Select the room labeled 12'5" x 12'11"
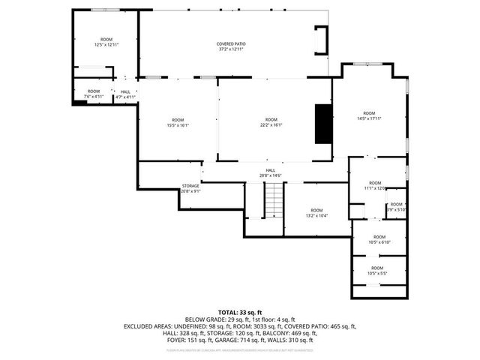[106, 42]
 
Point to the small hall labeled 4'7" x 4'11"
[125, 94]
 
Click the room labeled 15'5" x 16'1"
[178, 122]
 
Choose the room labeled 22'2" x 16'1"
[271, 122]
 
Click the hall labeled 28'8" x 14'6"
[270, 172]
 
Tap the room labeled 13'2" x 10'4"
[316, 212]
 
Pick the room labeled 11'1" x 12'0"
[374, 186]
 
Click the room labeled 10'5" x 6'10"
[379, 239]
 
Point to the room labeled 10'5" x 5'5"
[376, 270]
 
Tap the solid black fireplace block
[323, 123]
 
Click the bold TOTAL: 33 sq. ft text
[239, 311]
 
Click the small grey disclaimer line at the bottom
[239, 350]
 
